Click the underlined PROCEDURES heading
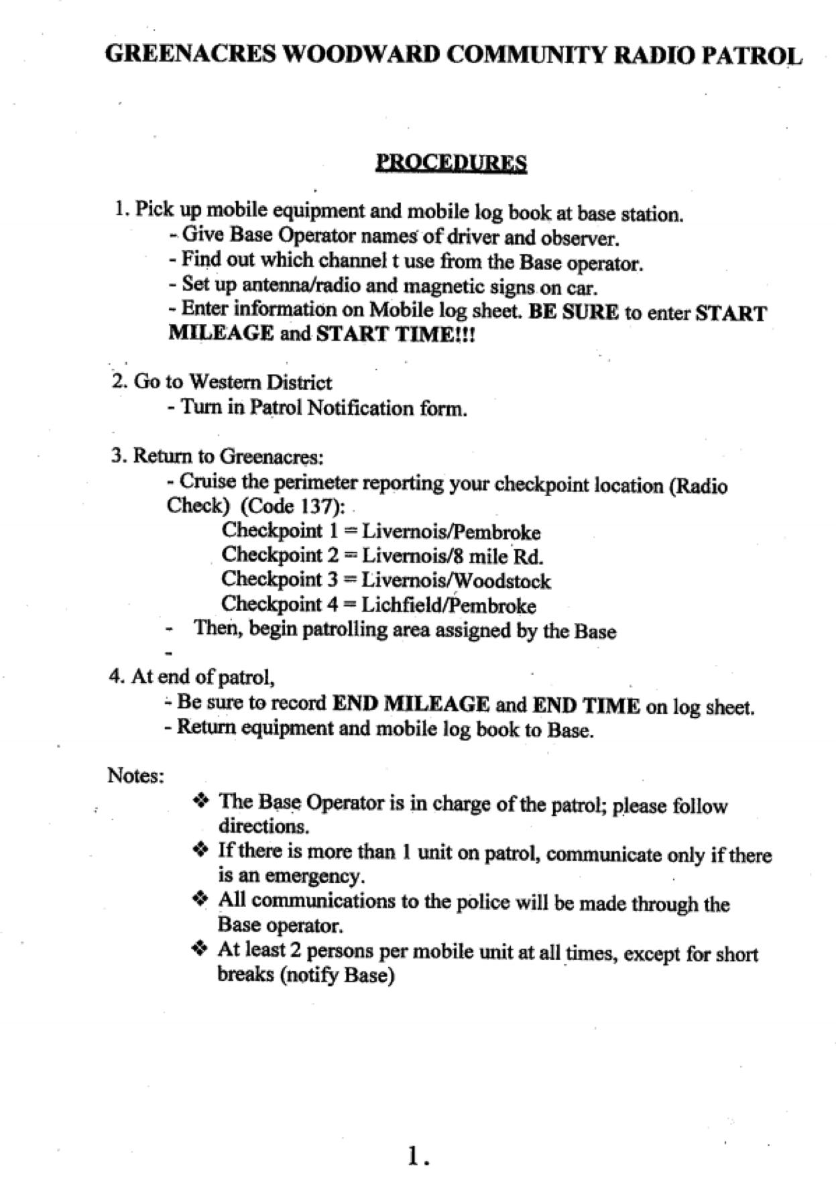(451, 163)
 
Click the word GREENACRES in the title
(190, 54)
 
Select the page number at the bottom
(418, 1155)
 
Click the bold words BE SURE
(573, 312)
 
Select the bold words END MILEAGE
(411, 704)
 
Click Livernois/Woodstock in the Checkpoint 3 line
(456, 581)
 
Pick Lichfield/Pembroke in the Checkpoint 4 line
(449, 605)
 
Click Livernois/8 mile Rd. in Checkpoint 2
(453, 556)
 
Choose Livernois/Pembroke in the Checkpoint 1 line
(451, 532)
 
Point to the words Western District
(260, 383)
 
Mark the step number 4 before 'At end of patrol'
(115, 676)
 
